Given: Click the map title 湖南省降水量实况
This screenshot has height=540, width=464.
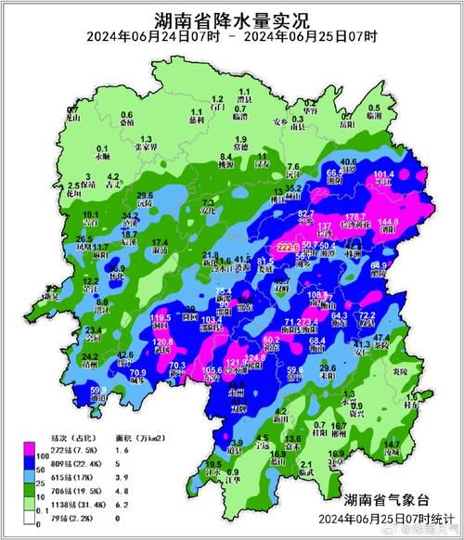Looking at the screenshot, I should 232,17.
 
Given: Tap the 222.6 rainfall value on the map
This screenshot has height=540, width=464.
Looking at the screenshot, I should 290,247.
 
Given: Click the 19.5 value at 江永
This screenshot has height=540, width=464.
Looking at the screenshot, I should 213,464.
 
